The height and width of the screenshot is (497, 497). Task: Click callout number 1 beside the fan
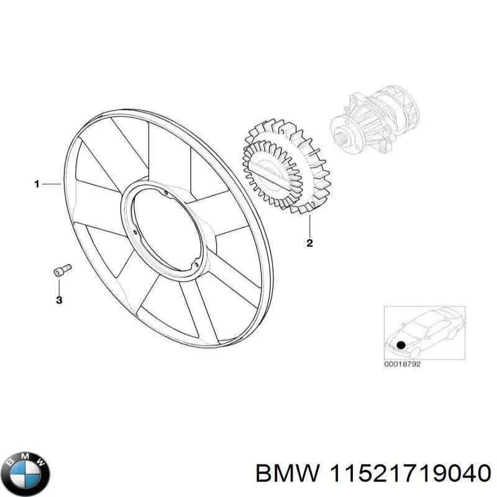pos(37,183)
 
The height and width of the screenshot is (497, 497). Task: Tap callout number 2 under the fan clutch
pos(309,243)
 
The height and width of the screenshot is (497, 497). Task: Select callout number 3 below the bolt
pos(59,301)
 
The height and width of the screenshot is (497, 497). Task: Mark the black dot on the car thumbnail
pos(401,344)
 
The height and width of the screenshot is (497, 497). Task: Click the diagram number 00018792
pos(403,365)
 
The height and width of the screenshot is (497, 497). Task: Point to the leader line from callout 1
pos(52,184)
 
